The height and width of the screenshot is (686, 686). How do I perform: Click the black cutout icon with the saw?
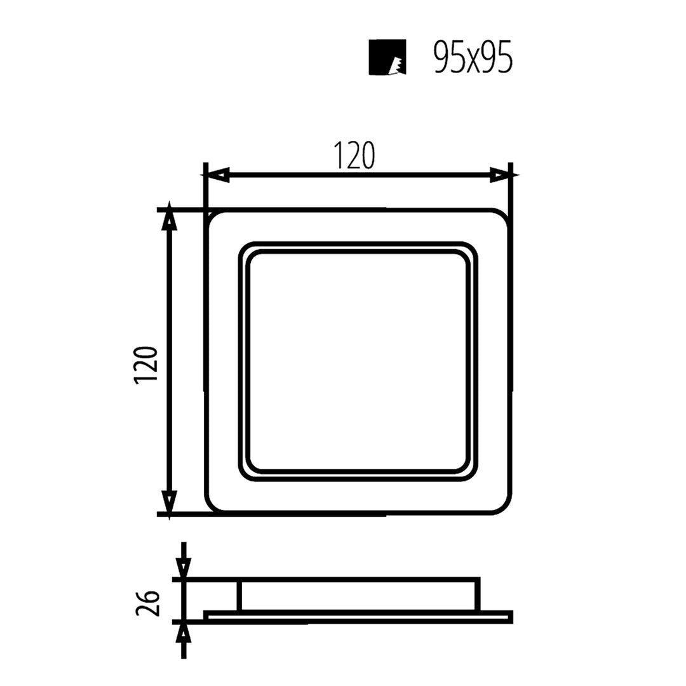(387, 57)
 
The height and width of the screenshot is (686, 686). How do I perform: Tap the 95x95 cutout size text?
(473, 58)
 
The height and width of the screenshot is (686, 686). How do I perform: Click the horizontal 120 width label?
(354, 156)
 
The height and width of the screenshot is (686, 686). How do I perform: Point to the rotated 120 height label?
(146, 365)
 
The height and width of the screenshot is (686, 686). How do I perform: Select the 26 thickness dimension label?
(147, 602)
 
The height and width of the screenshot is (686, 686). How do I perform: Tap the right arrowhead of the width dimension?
(500, 175)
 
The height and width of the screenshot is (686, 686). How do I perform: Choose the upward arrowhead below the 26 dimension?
(184, 634)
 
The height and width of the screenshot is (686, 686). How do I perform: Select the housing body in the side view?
(360, 595)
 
